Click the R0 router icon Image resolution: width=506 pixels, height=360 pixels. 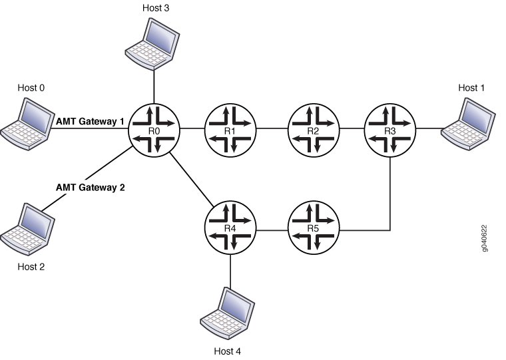click(x=154, y=128)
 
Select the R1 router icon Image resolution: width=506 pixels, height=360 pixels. click(x=230, y=128)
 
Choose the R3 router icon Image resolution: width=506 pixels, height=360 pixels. click(x=390, y=128)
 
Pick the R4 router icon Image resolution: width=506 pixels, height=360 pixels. click(x=230, y=230)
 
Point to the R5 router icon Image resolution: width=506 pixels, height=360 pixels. click(x=314, y=230)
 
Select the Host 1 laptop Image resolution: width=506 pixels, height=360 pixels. click(x=467, y=120)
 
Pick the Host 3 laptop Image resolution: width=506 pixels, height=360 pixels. click(x=153, y=41)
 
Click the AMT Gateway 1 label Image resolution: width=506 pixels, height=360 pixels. click(x=90, y=121)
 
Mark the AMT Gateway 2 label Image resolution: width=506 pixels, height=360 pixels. click(x=90, y=188)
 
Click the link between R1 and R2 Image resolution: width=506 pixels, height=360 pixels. click(x=272, y=128)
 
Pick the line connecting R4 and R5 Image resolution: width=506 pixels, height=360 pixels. click(x=272, y=230)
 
